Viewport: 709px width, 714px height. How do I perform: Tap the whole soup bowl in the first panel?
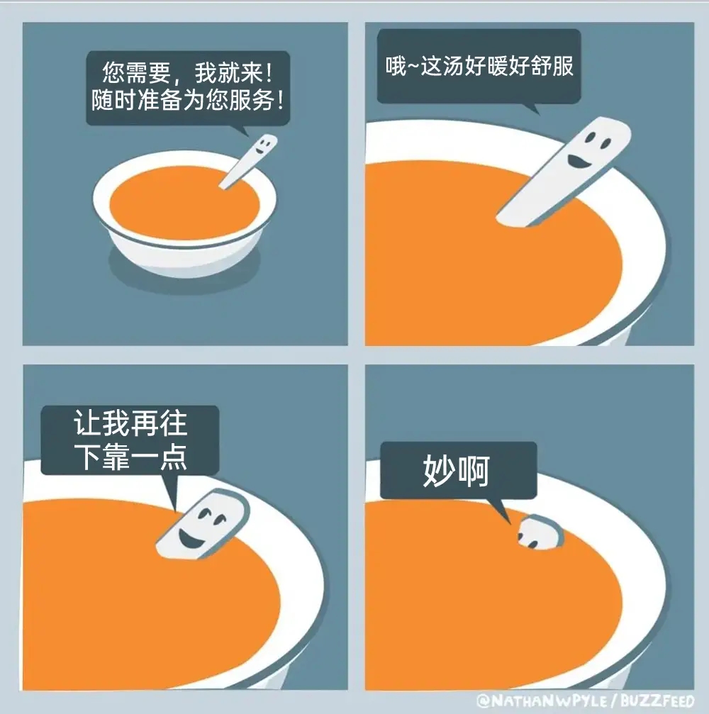click(x=184, y=213)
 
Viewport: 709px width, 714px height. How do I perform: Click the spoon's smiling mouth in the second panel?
click(x=578, y=161)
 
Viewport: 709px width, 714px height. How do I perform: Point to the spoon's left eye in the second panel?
click(x=589, y=137)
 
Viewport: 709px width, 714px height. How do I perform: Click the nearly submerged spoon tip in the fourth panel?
click(x=540, y=532)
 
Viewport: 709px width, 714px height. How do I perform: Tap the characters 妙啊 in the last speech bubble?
click(x=457, y=470)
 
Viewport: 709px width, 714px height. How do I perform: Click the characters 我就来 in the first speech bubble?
click(x=229, y=72)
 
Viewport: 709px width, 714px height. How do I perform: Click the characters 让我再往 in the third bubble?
click(x=130, y=423)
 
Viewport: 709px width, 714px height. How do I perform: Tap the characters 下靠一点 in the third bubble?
click(x=130, y=457)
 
